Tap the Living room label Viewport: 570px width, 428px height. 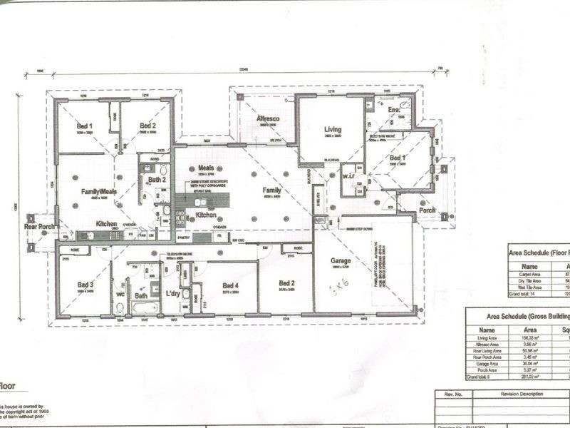click(x=333, y=130)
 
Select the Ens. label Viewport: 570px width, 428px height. click(x=393, y=110)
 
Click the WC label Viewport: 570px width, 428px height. click(x=120, y=292)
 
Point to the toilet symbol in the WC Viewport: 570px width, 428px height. click(x=120, y=307)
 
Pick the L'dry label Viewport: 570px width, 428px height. click(x=171, y=292)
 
